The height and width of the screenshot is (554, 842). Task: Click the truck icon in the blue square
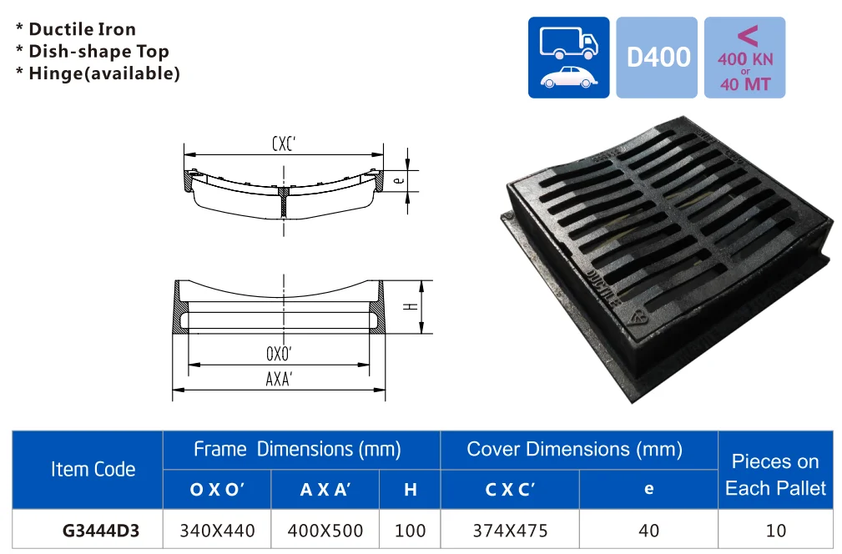(568, 43)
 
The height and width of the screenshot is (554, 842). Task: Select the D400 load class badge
(658, 58)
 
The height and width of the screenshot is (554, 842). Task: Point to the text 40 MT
(744, 84)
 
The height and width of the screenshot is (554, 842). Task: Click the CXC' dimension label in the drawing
(284, 144)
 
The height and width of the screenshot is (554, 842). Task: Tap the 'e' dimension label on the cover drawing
(398, 179)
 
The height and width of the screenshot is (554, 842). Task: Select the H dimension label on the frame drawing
(410, 306)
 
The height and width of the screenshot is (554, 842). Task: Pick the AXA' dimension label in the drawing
(280, 379)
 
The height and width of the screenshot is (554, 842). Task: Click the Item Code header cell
(93, 470)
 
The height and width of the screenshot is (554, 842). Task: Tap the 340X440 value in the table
(217, 530)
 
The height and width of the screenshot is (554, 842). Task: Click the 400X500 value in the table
(325, 530)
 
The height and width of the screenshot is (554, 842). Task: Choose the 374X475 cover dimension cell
(509, 530)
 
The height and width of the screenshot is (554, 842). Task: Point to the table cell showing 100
(410, 530)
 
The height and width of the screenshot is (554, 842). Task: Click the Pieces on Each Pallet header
(775, 475)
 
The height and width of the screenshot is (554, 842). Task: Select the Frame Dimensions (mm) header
(297, 450)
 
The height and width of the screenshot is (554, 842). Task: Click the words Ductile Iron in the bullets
(82, 29)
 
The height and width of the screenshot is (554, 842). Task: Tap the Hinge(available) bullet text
(104, 73)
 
